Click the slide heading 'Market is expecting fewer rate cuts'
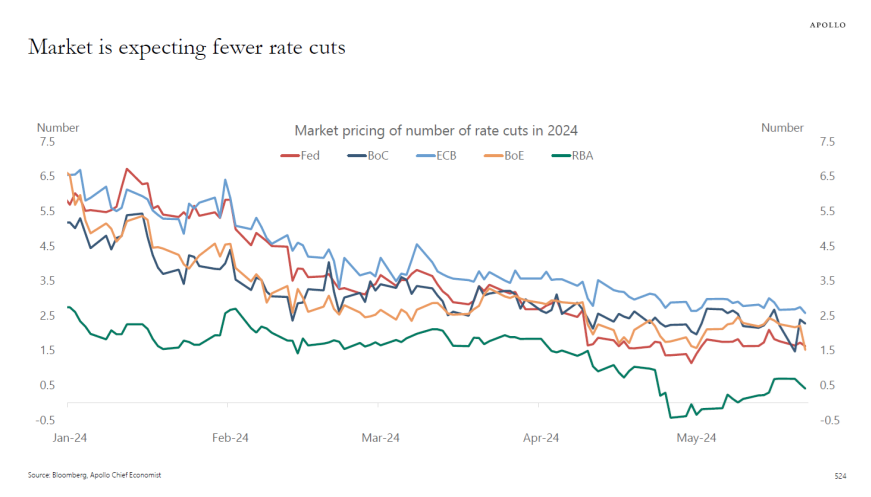coord(187,47)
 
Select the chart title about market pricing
coord(436,130)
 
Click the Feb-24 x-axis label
coord(230,438)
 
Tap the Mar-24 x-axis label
coord(380,438)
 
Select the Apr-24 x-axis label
coord(540,438)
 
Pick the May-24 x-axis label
coord(696,438)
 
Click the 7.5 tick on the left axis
coord(46,142)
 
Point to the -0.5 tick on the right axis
coord(826,420)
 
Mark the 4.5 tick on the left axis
coord(46,246)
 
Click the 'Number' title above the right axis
coord(782,128)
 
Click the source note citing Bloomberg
coord(94,474)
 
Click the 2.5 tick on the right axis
coord(826,316)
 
